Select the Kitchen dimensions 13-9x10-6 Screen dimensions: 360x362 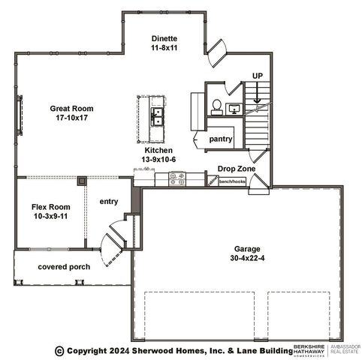(159, 159)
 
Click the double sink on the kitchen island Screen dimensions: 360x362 (158, 116)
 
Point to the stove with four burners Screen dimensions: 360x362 (178, 178)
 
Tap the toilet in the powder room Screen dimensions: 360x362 (216, 106)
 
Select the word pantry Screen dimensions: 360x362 (220, 139)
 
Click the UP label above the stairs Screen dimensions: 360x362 (256, 76)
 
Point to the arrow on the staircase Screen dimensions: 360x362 (256, 93)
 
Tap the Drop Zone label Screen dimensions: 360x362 (236, 169)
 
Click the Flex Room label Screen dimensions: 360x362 (50, 206)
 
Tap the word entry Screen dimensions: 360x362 (109, 200)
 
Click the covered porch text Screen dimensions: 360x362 (64, 267)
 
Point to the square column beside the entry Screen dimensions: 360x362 (81, 181)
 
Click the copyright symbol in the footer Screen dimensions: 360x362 (59, 350)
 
